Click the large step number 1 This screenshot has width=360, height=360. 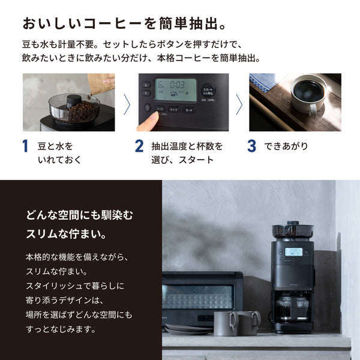click(x=25, y=146)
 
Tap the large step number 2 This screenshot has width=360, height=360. click(x=139, y=146)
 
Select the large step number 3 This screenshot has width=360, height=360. click(x=253, y=146)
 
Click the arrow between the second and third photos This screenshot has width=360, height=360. click(x=239, y=103)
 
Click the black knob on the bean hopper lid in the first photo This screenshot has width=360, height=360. click(x=74, y=100)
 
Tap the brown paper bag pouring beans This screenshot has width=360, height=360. click(x=99, y=81)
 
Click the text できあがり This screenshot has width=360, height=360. click(x=287, y=146)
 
